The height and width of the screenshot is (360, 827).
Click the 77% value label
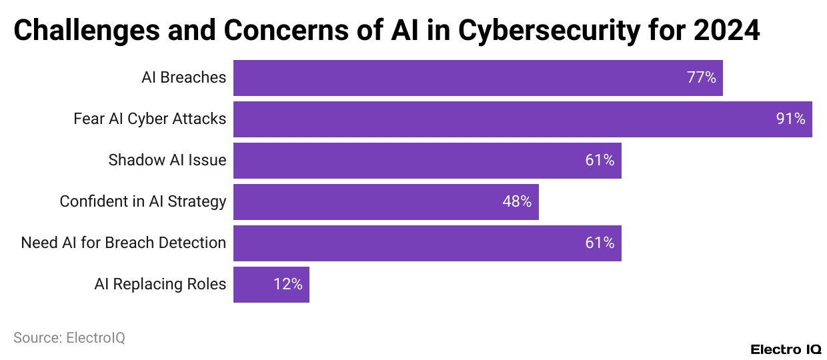(x=701, y=78)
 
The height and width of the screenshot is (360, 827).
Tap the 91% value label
(x=790, y=119)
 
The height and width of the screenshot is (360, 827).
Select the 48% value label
(x=517, y=202)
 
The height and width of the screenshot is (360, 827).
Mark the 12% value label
(x=287, y=285)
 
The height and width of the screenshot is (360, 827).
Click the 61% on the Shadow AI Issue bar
(x=600, y=161)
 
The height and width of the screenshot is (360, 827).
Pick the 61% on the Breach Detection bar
(x=600, y=243)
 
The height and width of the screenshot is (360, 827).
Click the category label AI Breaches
(x=183, y=78)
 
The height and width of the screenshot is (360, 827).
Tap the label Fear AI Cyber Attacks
(x=149, y=119)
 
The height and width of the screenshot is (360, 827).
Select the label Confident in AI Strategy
(x=143, y=202)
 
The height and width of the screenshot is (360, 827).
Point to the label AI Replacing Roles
(x=160, y=285)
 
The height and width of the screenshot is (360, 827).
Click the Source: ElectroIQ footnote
(x=69, y=338)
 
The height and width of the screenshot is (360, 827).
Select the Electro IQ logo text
(x=786, y=350)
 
